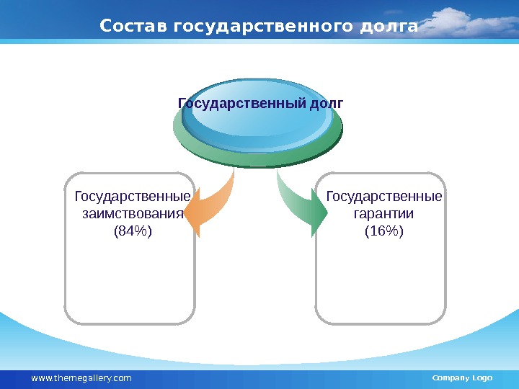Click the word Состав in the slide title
[134, 27]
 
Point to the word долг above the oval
[326, 103]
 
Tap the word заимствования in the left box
[130, 214]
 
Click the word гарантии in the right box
[383, 214]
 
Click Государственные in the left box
[133, 197]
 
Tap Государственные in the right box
[384, 197]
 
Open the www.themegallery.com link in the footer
[81, 378]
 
